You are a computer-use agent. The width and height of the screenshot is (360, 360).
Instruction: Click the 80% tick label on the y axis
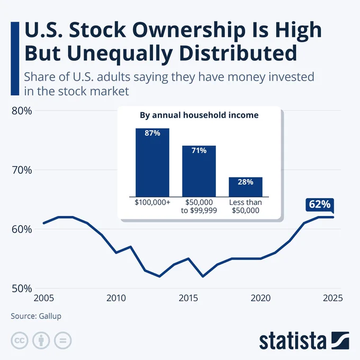pos(21,111)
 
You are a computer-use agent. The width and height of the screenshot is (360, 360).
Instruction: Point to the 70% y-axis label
pos(21,170)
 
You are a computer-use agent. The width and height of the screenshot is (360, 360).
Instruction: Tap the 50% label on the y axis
pos(21,289)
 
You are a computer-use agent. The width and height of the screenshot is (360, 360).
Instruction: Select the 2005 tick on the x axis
pos(43,298)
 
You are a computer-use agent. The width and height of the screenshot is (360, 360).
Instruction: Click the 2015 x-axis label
pos(188,298)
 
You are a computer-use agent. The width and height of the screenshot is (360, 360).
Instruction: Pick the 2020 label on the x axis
pos(260,298)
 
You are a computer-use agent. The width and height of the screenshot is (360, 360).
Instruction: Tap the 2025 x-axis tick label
pos(332,298)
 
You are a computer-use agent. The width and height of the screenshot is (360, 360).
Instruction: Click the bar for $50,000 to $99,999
pos(199,172)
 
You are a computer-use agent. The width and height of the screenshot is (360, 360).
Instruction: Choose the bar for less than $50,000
pos(245,187)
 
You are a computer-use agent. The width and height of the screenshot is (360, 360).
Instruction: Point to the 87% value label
pos(152,133)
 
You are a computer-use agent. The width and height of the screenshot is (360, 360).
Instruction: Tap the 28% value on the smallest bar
pos(245,182)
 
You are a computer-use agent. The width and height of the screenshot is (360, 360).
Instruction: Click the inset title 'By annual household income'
pos(199,115)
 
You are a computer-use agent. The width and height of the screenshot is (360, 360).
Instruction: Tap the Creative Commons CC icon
pos(20,340)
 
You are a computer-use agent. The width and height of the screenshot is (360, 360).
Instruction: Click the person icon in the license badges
pos(41,340)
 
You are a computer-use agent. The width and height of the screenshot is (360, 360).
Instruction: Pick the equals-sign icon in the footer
pos(62,340)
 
